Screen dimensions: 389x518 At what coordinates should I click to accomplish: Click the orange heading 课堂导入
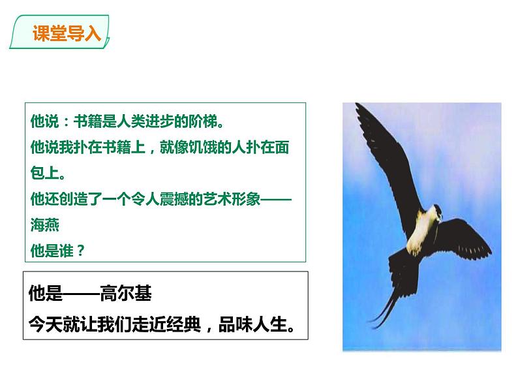pyautogui.click(x=67, y=33)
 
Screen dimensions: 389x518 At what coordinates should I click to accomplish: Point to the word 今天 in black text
pyautogui.click(x=46, y=324)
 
